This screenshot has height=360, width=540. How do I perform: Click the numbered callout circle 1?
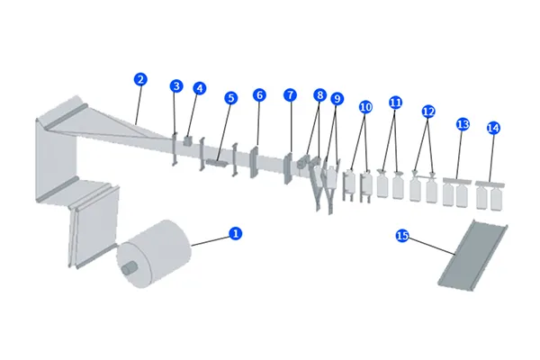pos(236,233)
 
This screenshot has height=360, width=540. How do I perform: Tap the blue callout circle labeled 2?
pos(139,79)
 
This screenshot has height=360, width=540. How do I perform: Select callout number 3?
pos(176,86)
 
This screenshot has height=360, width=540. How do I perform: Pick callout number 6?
pos(259,94)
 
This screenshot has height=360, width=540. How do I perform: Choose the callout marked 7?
pos(290,94)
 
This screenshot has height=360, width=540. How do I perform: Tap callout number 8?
pos(319,94)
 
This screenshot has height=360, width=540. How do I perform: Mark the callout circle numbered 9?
pos(337,98)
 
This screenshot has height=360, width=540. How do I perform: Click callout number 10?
pos(365,106)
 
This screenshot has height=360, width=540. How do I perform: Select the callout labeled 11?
pos(396,103)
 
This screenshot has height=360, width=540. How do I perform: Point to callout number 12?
pos(428,112)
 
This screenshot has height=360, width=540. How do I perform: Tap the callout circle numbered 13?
pos(463,123)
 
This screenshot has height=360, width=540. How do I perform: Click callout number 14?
pos(492,128)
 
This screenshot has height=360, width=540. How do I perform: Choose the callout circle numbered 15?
pos(402,236)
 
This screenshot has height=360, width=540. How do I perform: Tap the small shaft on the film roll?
pos(128,267)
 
